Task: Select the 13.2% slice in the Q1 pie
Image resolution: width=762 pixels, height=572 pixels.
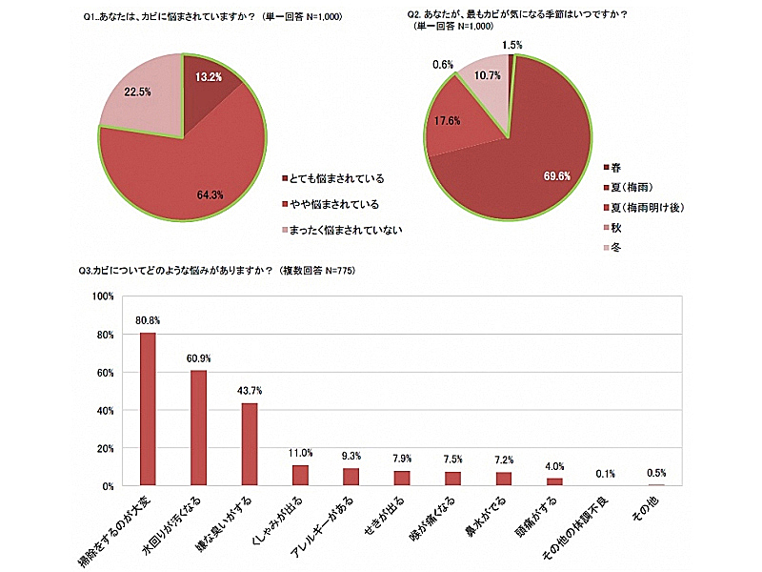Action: tap(208, 91)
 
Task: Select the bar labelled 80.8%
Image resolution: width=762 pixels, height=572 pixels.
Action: tap(148, 409)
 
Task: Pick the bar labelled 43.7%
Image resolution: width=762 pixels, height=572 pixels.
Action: tap(250, 444)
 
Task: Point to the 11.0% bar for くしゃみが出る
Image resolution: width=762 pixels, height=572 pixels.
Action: tap(300, 475)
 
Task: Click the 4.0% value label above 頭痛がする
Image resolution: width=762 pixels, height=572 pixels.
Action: tap(554, 466)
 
